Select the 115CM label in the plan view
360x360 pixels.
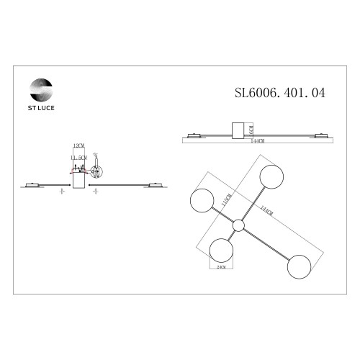(226, 197)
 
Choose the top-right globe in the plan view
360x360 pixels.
(271, 176)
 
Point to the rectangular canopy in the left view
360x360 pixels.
(79, 182)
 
